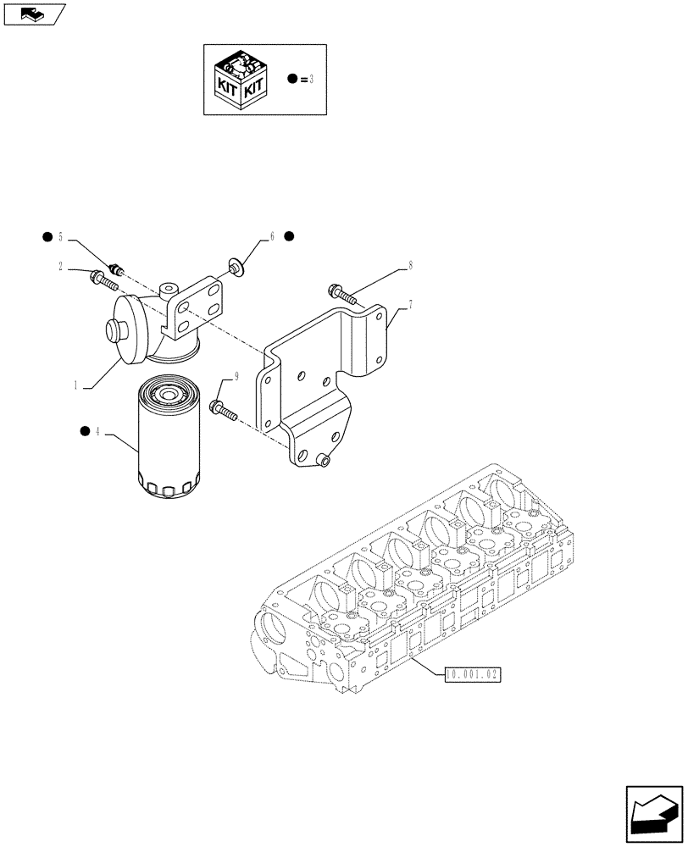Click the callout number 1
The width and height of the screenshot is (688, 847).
(75, 385)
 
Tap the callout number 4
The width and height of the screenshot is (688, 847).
(98, 433)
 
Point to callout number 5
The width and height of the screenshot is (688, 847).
(61, 236)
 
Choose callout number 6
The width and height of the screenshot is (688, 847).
(272, 237)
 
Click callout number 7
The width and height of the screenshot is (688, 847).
(410, 304)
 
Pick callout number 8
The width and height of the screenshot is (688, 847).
(410, 266)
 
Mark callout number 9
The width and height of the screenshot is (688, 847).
(225, 377)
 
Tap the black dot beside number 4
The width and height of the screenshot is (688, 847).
(84, 432)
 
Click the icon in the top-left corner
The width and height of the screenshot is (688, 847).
(34, 14)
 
